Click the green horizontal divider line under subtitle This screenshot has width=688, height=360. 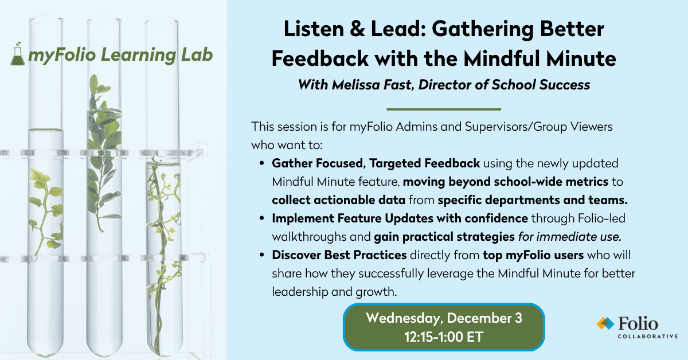pos(444,109)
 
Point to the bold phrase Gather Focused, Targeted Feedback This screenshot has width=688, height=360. pos(376,163)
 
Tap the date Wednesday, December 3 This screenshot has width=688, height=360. pos(444,318)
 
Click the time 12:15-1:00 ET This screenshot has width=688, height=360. pos(444,337)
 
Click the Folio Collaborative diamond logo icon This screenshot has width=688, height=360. pos(604,324)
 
